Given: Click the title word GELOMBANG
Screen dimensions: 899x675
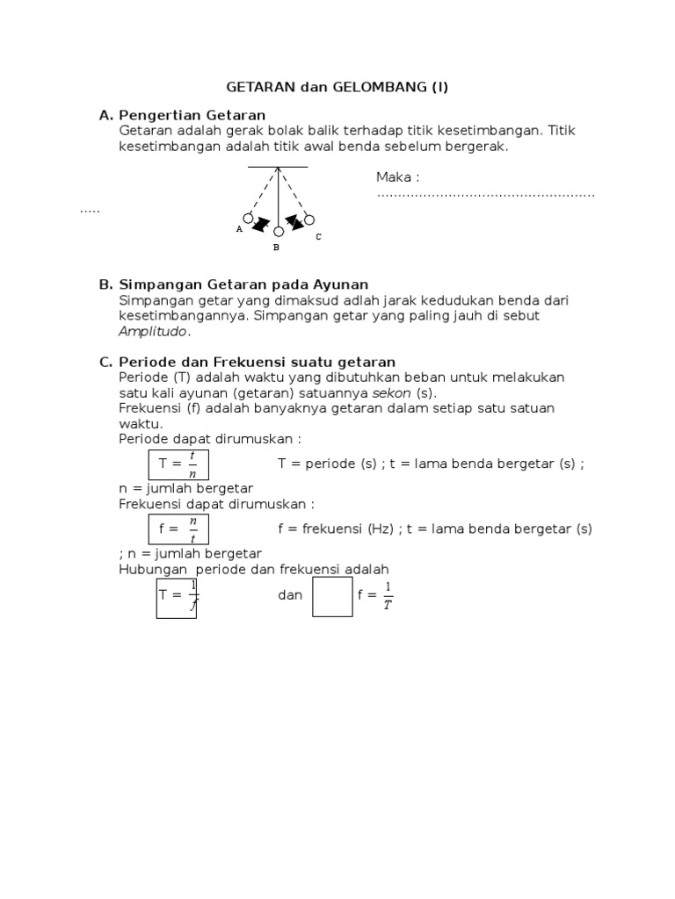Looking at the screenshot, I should (x=383, y=87).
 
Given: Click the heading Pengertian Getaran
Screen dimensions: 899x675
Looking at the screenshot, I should (x=192, y=115).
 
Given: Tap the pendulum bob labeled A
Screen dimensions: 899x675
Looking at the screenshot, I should (x=249, y=218).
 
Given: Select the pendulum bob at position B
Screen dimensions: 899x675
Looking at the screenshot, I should (x=279, y=232).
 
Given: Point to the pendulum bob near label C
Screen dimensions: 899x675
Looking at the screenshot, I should (x=308, y=219).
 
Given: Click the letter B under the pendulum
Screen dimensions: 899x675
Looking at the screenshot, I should (x=276, y=248).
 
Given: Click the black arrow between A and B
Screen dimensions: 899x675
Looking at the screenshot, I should (x=260, y=226).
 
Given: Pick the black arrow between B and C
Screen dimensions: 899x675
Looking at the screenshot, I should (x=294, y=225).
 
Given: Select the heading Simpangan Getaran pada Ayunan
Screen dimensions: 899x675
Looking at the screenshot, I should (x=243, y=284).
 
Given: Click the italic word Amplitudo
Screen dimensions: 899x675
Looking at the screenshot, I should (x=153, y=331).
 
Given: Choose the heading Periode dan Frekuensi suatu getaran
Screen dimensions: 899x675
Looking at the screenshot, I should (x=257, y=362).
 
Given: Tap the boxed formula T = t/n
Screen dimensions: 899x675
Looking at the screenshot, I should (x=178, y=464).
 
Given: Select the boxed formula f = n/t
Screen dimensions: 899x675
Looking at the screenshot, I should (x=178, y=529).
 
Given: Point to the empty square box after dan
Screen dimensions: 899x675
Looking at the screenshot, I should (x=332, y=596).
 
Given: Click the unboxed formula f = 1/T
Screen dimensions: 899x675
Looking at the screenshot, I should (x=375, y=596).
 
